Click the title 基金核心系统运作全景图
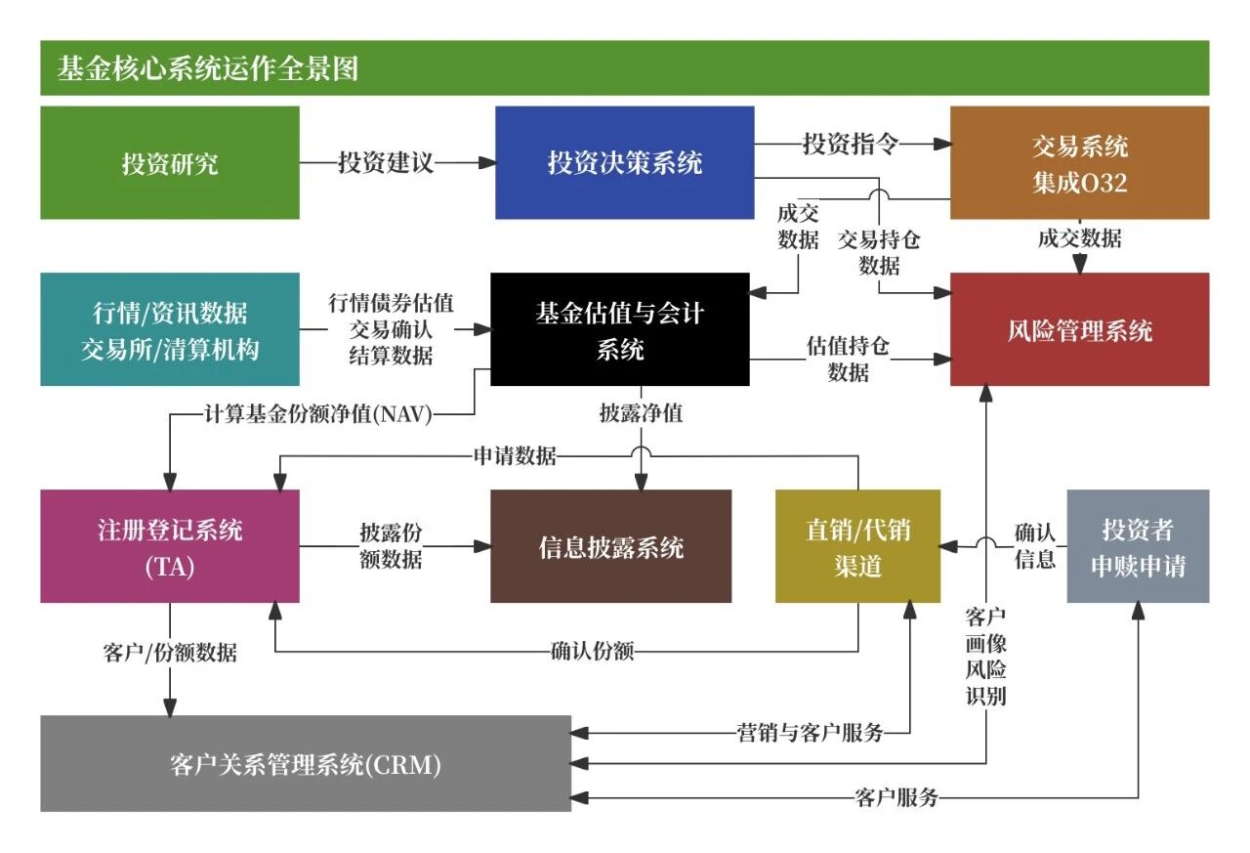click(x=208, y=68)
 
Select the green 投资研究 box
click(x=170, y=162)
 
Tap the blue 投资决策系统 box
click(x=624, y=162)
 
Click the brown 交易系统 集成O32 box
click(x=1079, y=162)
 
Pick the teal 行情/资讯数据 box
click(x=170, y=329)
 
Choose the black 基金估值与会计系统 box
click(x=620, y=329)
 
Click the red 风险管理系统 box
click(x=1079, y=329)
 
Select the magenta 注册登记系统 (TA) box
click(x=170, y=546)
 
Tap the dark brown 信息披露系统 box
click(x=610, y=546)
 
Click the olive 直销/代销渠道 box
click(x=857, y=546)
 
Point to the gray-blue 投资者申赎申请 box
click(x=1138, y=546)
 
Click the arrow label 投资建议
click(x=386, y=162)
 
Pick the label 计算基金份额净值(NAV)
click(x=318, y=414)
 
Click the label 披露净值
click(x=641, y=413)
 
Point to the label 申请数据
click(x=515, y=455)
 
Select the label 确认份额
click(x=592, y=651)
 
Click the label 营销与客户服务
click(x=810, y=733)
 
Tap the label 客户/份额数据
click(x=170, y=653)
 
